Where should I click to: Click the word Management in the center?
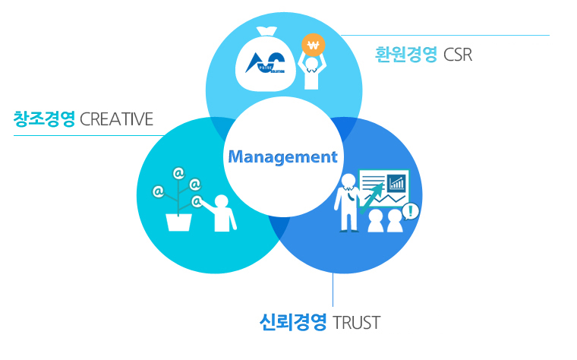coord(282,157)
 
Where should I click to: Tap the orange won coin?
coord(312,44)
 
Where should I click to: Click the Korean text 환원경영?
coord(406,55)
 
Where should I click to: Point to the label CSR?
coord(459,55)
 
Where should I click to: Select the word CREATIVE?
coord(116,119)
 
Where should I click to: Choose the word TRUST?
coord(357,322)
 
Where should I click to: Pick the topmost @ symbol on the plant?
coord(178,173)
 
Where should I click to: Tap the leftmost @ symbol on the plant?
coord(159,191)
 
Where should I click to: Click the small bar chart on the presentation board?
coord(396,182)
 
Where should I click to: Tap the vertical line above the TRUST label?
coord(333,289)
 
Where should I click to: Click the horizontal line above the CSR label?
coord(444,35)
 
